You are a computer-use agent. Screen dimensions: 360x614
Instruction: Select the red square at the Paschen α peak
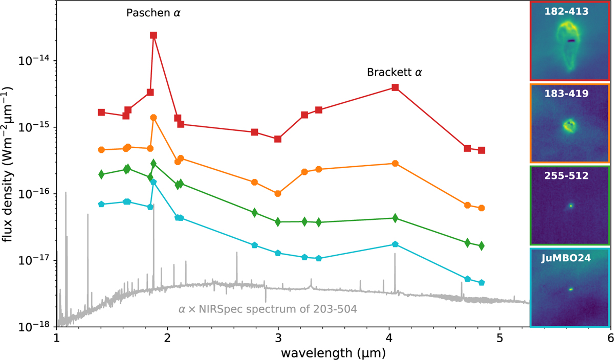coord(153,35)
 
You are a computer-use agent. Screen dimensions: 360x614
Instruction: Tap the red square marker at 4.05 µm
coord(395,87)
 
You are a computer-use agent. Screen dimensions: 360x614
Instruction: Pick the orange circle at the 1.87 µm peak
coord(153,118)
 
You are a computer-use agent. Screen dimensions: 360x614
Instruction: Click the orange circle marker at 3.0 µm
coord(278,194)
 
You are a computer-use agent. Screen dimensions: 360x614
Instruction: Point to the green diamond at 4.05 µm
coord(395,218)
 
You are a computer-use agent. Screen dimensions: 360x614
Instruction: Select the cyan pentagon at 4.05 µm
coord(395,244)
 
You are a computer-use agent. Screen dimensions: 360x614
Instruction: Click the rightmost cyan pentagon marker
coord(481,283)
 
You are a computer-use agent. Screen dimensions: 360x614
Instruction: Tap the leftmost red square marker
coord(101,112)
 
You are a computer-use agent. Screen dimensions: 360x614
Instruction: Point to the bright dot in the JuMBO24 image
coord(570,289)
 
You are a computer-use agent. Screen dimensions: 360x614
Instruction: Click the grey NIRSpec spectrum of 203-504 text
coord(267,309)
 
